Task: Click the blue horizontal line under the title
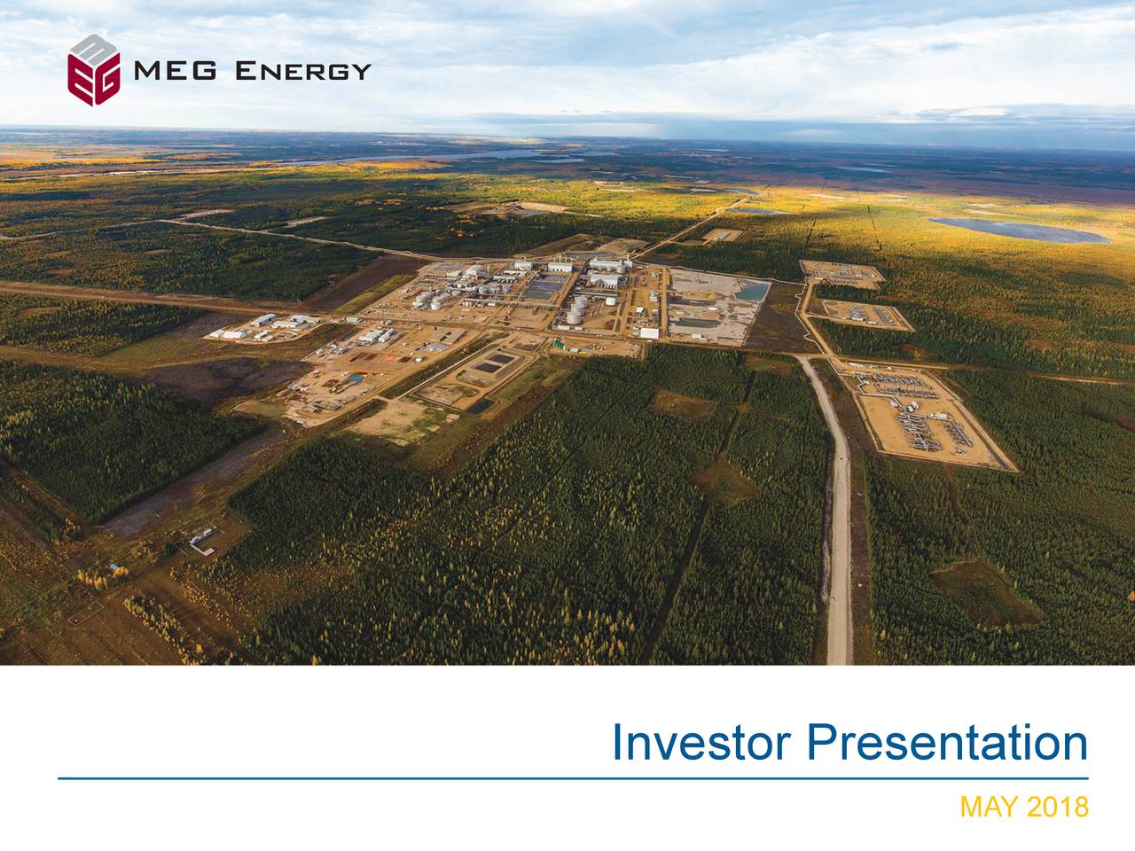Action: tap(573, 778)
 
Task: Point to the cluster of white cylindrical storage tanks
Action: tap(575, 309)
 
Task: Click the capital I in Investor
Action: tap(619, 744)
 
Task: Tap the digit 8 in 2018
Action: tap(1079, 808)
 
